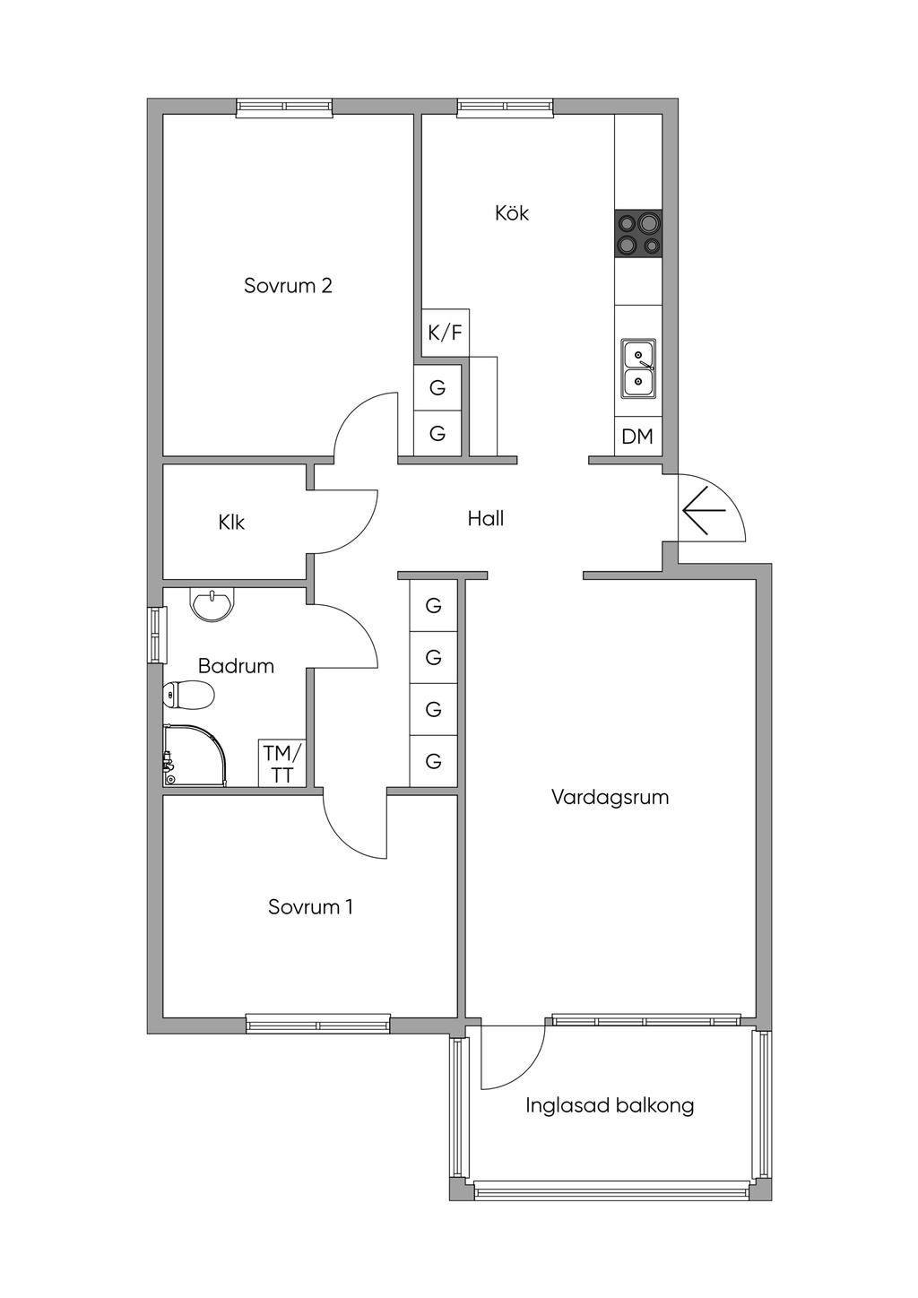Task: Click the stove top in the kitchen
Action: coord(638,233)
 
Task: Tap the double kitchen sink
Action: coord(638,368)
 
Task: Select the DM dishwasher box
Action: coord(637,437)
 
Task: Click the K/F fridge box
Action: coord(445,333)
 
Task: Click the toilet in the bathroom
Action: coord(189,695)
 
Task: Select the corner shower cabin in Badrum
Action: coord(194,756)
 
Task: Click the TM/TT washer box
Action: coord(282,764)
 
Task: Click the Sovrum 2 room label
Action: coord(288,285)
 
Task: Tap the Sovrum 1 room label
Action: coord(310,906)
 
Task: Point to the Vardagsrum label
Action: coord(610,797)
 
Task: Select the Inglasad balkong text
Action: coord(610,1105)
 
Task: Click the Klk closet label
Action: coord(231,522)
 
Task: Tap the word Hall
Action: coord(485,518)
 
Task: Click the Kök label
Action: coord(512,212)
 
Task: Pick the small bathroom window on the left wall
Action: coord(157,636)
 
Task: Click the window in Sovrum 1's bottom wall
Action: coord(318,1023)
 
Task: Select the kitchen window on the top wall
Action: coord(505,108)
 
